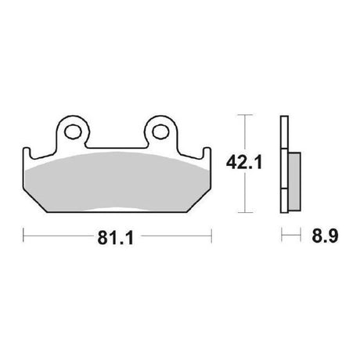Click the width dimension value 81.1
pyautogui.click(x=116, y=238)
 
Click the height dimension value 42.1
pyautogui.click(x=244, y=162)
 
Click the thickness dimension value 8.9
pyautogui.click(x=325, y=236)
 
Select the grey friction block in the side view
pyautogui.click(x=294, y=182)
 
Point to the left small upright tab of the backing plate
pyautogui.click(x=27, y=153)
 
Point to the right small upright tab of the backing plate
pyautogui.click(x=207, y=153)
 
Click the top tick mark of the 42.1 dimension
pyautogui.click(x=245, y=115)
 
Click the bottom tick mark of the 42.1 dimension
pyautogui.click(x=245, y=212)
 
